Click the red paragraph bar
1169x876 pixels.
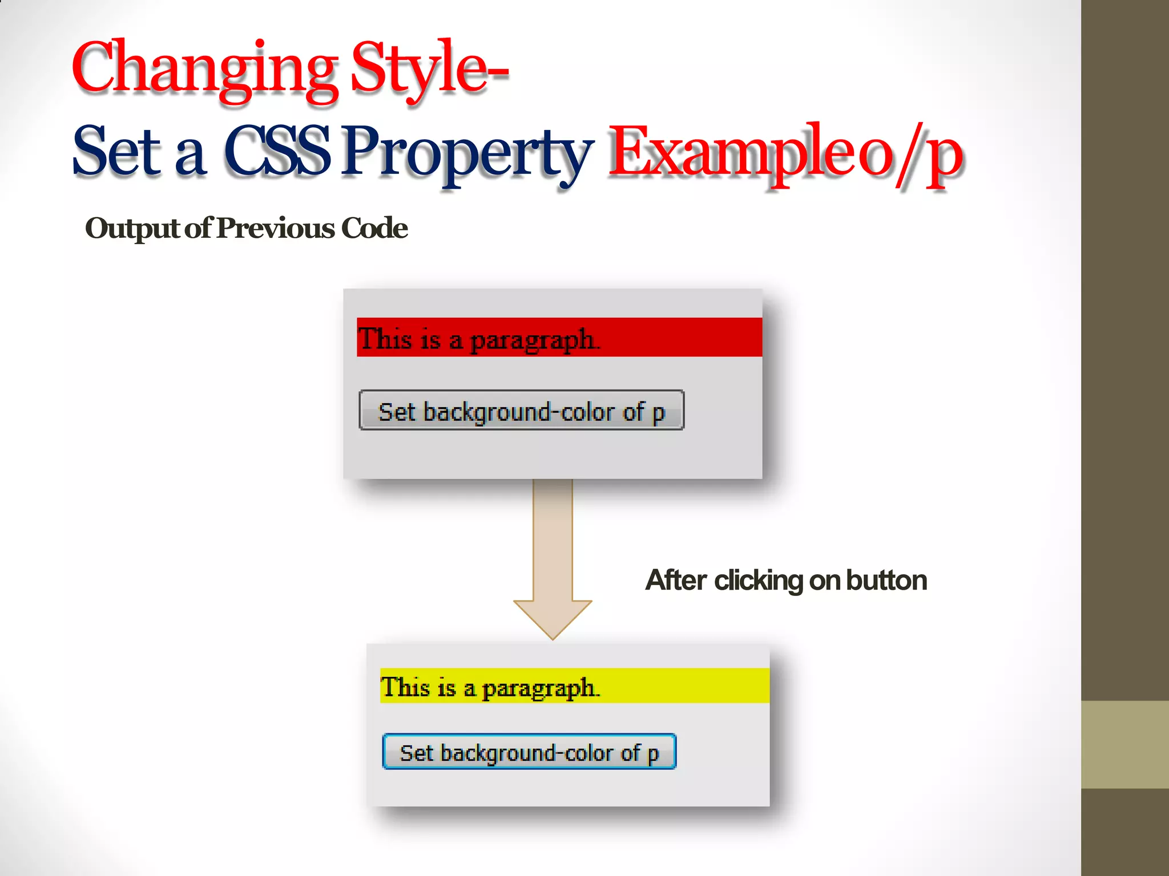674,337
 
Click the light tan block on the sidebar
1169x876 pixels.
1124,744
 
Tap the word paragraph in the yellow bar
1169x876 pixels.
539,688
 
